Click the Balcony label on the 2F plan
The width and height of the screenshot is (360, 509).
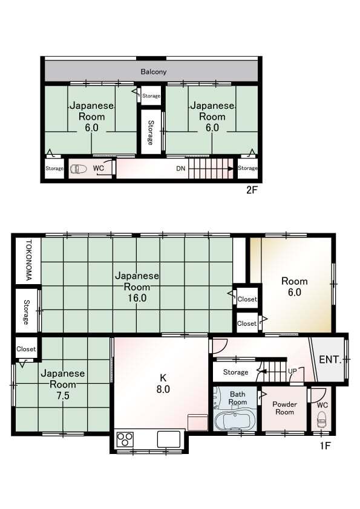coord(153,72)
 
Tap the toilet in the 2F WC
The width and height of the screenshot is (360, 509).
coord(79,169)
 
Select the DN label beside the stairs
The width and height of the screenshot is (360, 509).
coord(181,169)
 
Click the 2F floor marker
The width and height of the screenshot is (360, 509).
coord(252,190)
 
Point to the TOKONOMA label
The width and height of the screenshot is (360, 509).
coord(28,261)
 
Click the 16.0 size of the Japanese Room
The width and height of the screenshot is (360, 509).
coord(137,297)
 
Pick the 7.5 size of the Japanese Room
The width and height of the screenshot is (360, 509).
coord(63,396)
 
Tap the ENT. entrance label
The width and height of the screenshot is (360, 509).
coord(330,359)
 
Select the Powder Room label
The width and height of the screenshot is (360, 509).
coord(284,408)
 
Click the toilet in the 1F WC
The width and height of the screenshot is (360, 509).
coord(321,421)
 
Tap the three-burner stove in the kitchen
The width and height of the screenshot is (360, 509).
coord(125,439)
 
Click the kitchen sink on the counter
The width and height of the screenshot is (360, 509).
coord(169,439)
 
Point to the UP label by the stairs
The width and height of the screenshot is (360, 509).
coord(292,371)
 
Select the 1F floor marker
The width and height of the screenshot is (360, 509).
coord(325,446)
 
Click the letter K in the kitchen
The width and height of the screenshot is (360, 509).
coord(163,378)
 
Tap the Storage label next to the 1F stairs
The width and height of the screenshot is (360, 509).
coord(235,372)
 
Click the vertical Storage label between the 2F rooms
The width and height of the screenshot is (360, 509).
coord(151,132)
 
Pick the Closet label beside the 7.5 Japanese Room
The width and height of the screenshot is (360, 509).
coord(26,349)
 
